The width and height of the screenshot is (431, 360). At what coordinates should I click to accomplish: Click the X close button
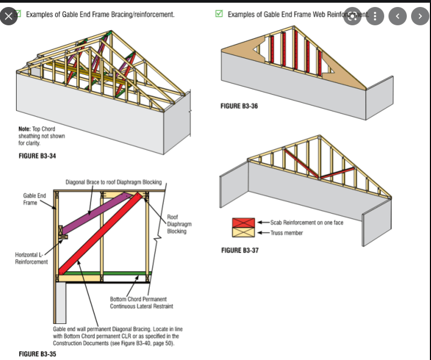tap(8, 16)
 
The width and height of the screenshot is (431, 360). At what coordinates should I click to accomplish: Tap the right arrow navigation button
tap(420, 16)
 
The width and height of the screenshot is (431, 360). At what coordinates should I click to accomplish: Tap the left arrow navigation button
tap(398, 16)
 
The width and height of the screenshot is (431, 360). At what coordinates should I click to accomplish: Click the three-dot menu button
tap(375, 16)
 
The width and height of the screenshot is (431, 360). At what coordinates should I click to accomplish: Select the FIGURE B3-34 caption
tap(38, 156)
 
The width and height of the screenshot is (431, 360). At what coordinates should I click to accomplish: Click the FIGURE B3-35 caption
tap(38, 354)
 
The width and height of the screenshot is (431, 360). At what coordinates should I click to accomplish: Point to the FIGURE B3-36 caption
tap(239, 106)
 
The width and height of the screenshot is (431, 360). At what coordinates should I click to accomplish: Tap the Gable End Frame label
tap(34, 199)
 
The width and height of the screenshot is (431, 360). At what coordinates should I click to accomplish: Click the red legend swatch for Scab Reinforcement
tap(243, 223)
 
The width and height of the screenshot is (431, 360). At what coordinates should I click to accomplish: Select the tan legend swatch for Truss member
tap(243, 232)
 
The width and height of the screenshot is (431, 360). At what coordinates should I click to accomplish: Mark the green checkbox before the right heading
tap(219, 14)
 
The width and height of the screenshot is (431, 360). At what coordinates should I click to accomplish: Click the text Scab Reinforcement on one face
tap(307, 222)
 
